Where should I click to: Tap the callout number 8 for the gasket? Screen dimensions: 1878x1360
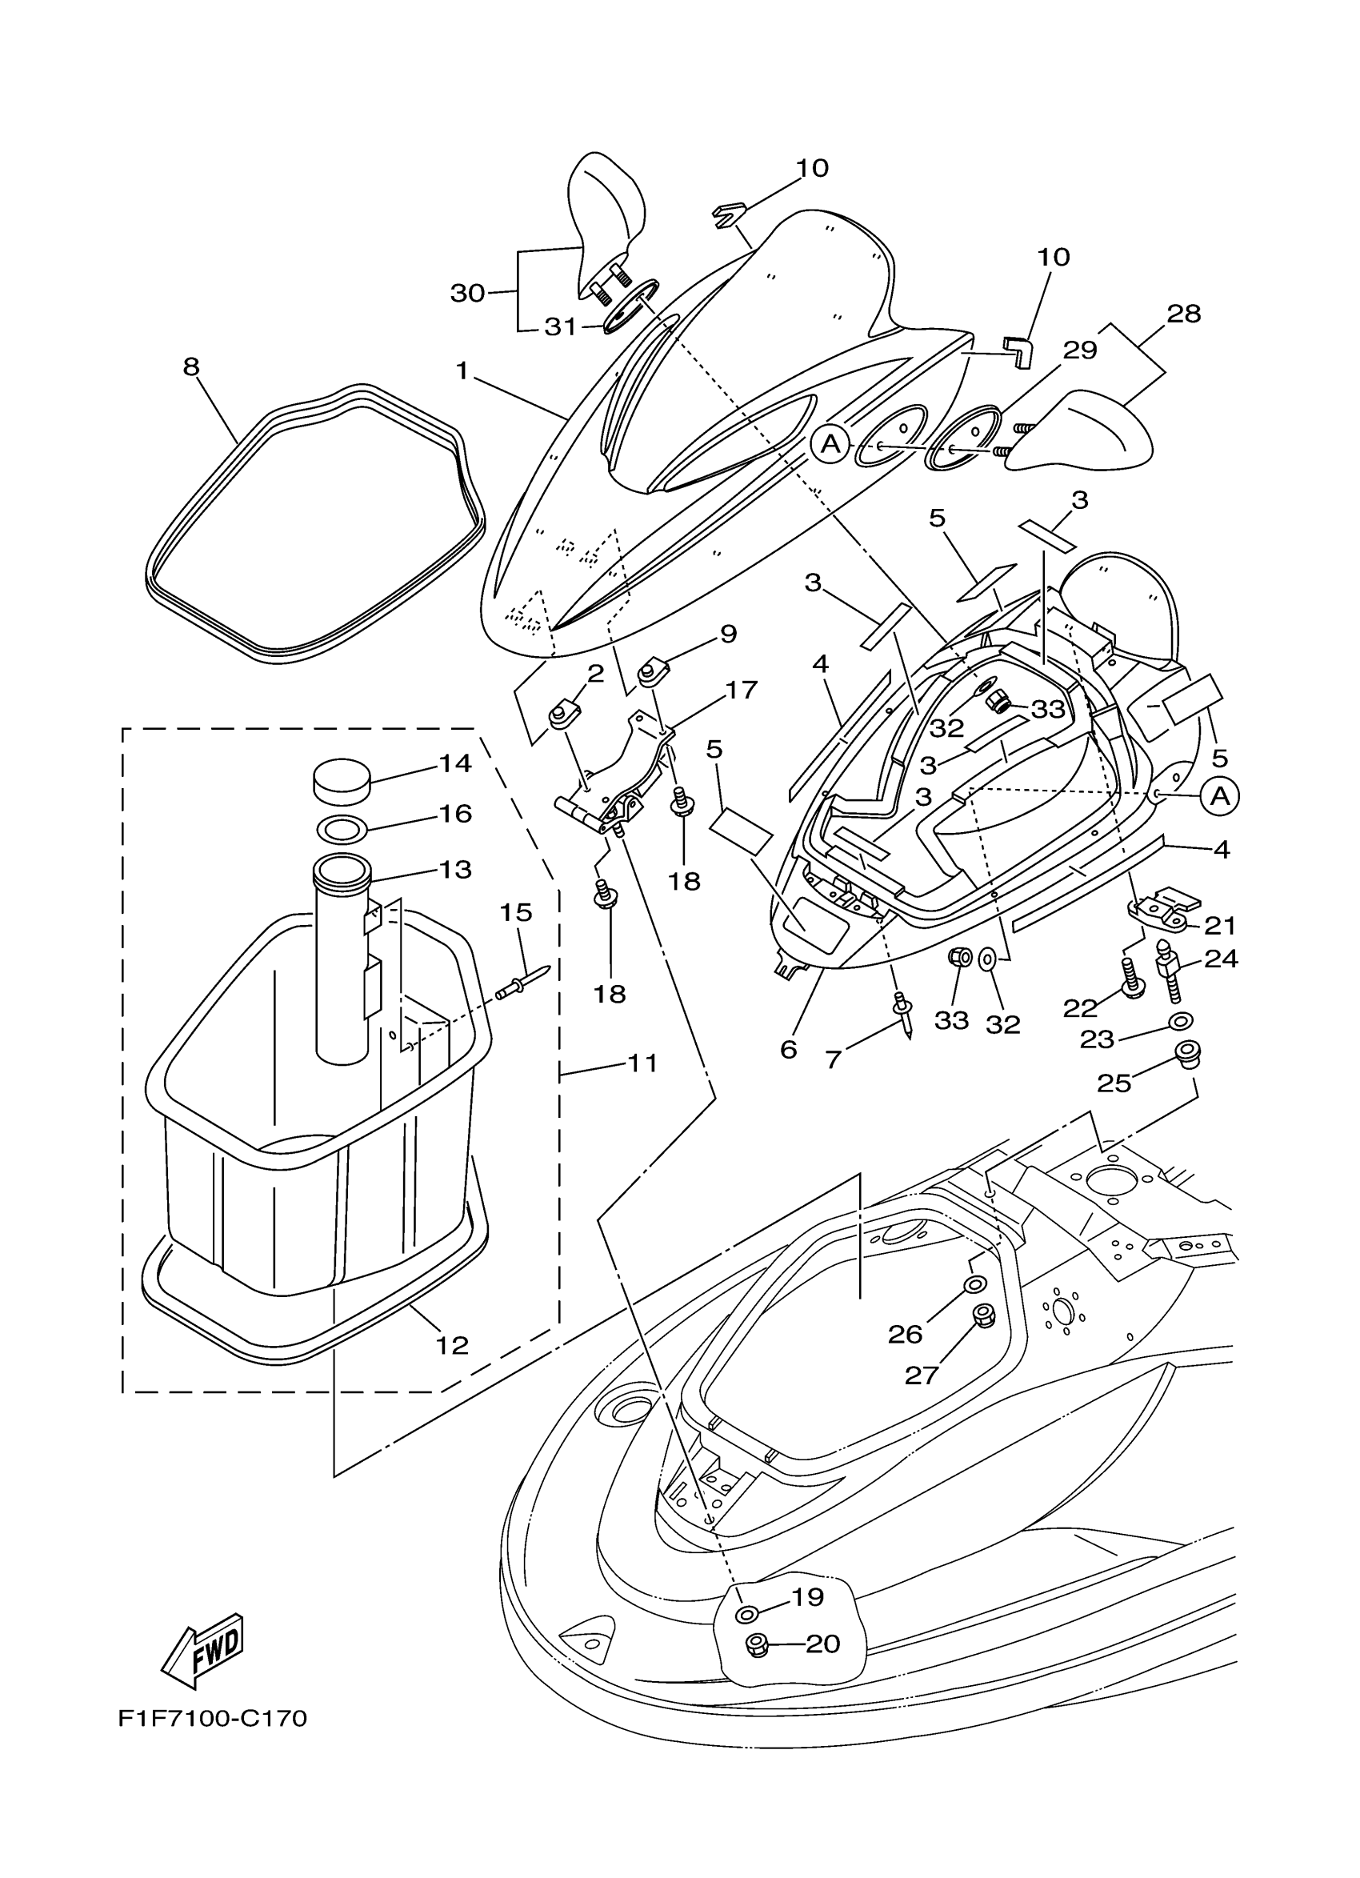(x=191, y=366)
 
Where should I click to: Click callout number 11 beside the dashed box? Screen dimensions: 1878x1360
(x=642, y=1063)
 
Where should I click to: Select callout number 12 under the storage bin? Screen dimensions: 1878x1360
(x=452, y=1346)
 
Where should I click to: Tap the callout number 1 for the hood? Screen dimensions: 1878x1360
(x=462, y=370)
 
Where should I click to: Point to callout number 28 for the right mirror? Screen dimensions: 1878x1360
(x=1183, y=314)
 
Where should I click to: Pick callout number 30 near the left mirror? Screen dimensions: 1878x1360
(x=467, y=292)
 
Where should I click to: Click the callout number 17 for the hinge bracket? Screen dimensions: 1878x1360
(x=741, y=689)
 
